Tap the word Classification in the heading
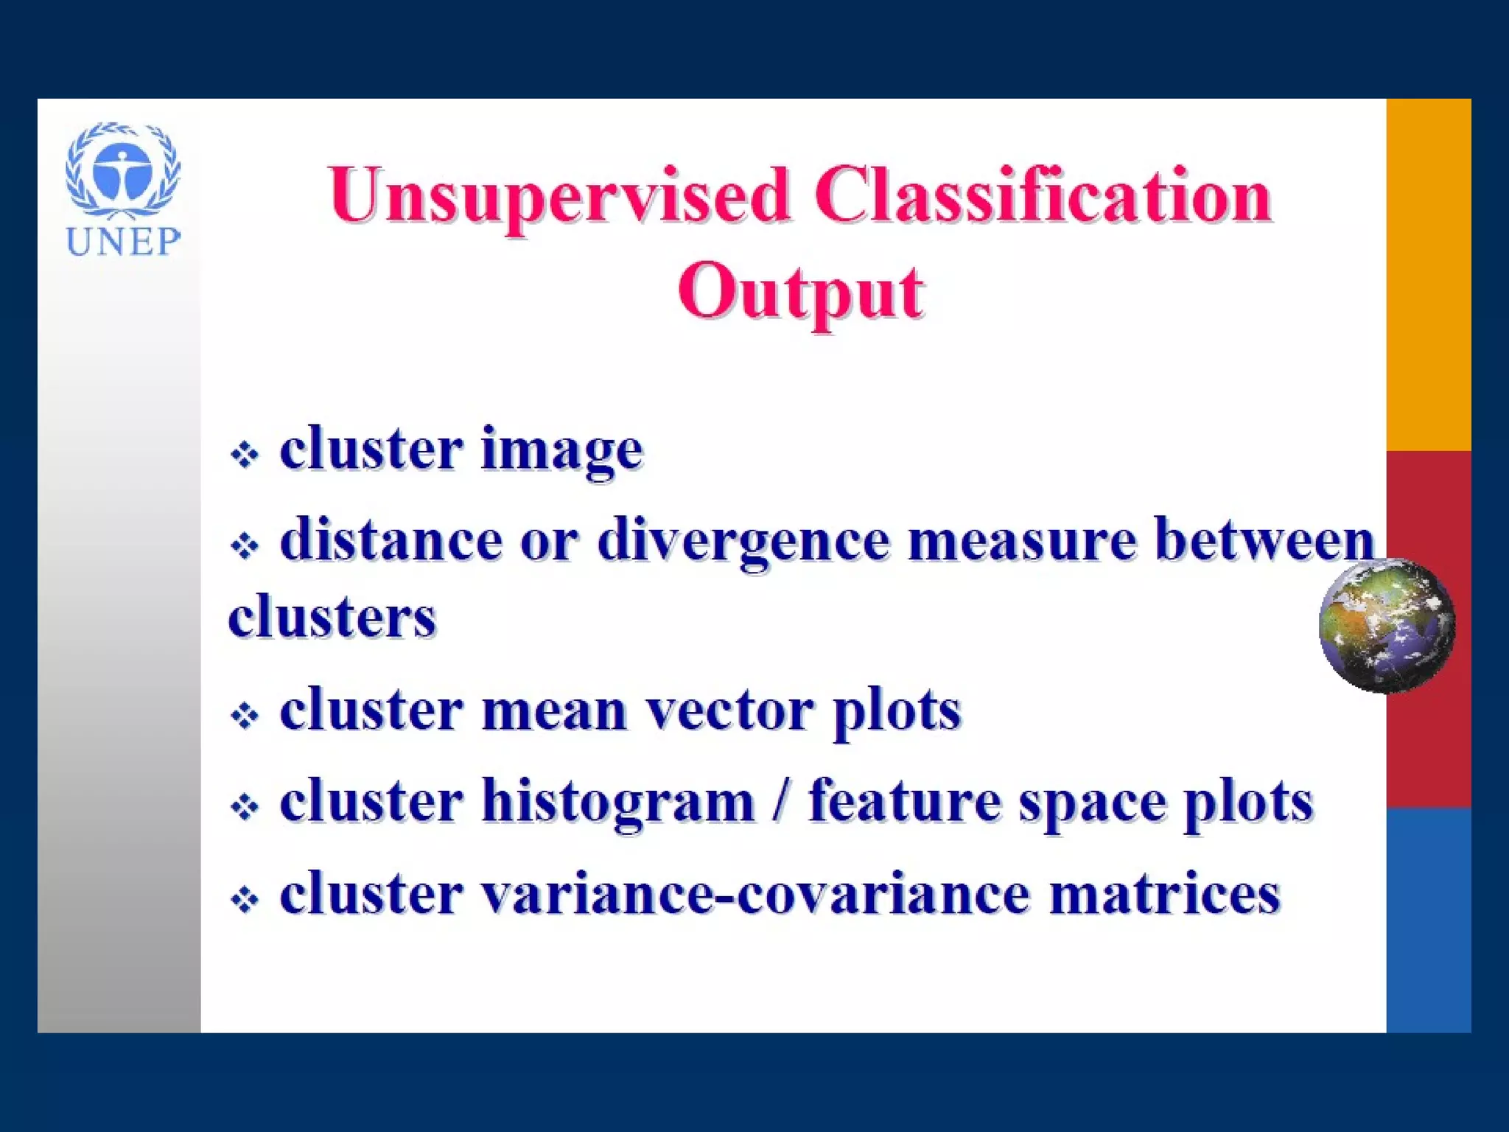[1043, 195]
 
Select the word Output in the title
[800, 293]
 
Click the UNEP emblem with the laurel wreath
[123, 171]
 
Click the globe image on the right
[1386, 626]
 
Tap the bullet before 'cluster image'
[245, 454]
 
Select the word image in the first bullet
[562, 450]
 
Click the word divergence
[743, 541]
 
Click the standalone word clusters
[332, 618]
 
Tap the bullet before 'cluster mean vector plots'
[245, 715]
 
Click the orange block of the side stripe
[1428, 274]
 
